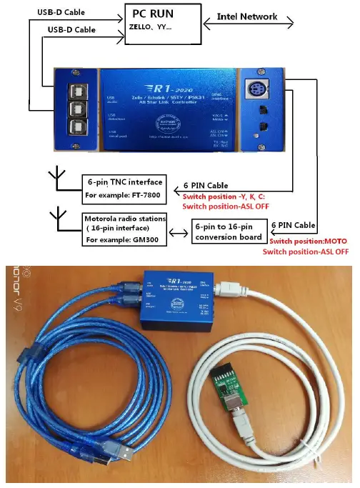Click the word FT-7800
point(146,194)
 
